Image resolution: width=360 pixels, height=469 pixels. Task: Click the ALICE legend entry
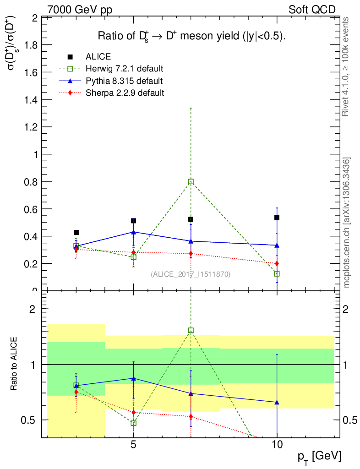(x=98, y=57)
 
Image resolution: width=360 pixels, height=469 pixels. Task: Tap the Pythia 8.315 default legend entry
(x=124, y=81)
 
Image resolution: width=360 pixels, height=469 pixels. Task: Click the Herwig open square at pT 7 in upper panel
(x=191, y=182)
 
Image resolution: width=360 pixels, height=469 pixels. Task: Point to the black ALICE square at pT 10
(x=277, y=218)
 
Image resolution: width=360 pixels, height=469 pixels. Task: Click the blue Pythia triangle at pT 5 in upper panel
(x=133, y=232)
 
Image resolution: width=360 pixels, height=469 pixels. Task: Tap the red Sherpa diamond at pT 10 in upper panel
(x=277, y=263)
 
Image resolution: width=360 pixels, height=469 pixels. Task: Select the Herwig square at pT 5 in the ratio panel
(x=133, y=423)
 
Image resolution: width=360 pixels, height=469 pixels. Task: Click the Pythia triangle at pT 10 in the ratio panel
(x=277, y=403)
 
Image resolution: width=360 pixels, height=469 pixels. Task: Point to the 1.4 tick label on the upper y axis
(x=31, y=100)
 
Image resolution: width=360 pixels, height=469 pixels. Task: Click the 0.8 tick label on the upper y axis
(x=31, y=182)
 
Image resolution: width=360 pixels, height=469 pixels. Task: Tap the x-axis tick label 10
(x=277, y=445)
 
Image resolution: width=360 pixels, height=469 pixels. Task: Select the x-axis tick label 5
(x=133, y=445)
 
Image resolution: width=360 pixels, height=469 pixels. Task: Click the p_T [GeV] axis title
(x=319, y=456)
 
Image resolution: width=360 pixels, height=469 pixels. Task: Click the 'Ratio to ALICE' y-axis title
(x=14, y=363)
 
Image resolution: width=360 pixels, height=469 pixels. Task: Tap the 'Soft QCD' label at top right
(x=312, y=10)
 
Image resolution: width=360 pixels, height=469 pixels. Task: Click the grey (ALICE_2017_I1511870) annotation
(x=191, y=274)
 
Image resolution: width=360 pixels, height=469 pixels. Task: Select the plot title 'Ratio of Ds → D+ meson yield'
(x=192, y=37)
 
